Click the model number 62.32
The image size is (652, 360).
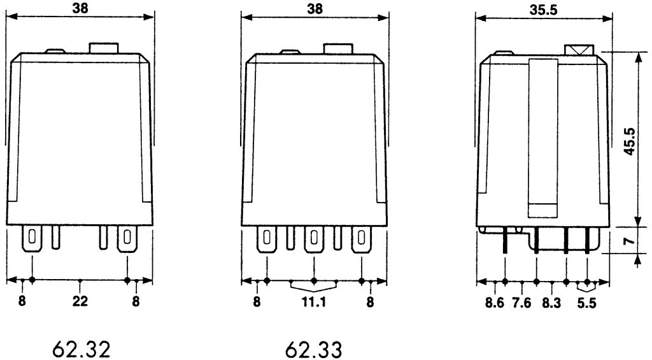coord(81,349)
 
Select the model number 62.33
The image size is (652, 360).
coord(313,349)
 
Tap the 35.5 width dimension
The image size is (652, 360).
coord(544,10)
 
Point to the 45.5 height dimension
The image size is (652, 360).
coord(630,141)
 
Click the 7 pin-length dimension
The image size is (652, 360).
coord(630,241)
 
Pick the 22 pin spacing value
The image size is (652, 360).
coord(80,301)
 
